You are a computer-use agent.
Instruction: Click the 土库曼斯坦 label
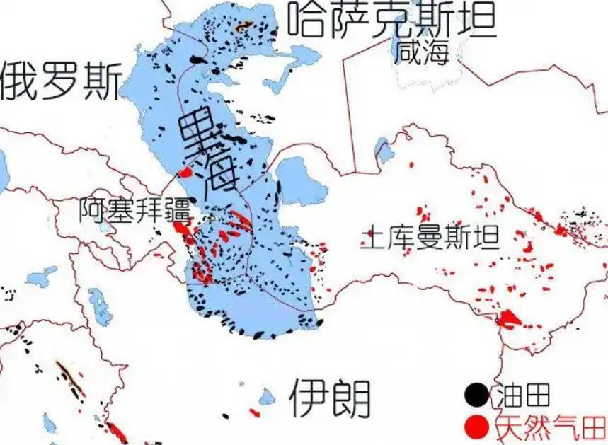pos(430,237)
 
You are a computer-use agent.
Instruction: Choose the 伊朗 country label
pos(330,398)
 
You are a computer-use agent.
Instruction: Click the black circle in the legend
pos(477,394)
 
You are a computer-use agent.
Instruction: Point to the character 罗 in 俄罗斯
pos(62,80)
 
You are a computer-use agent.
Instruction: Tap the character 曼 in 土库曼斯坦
pos(430,237)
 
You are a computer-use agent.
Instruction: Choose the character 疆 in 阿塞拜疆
pos(178,209)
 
